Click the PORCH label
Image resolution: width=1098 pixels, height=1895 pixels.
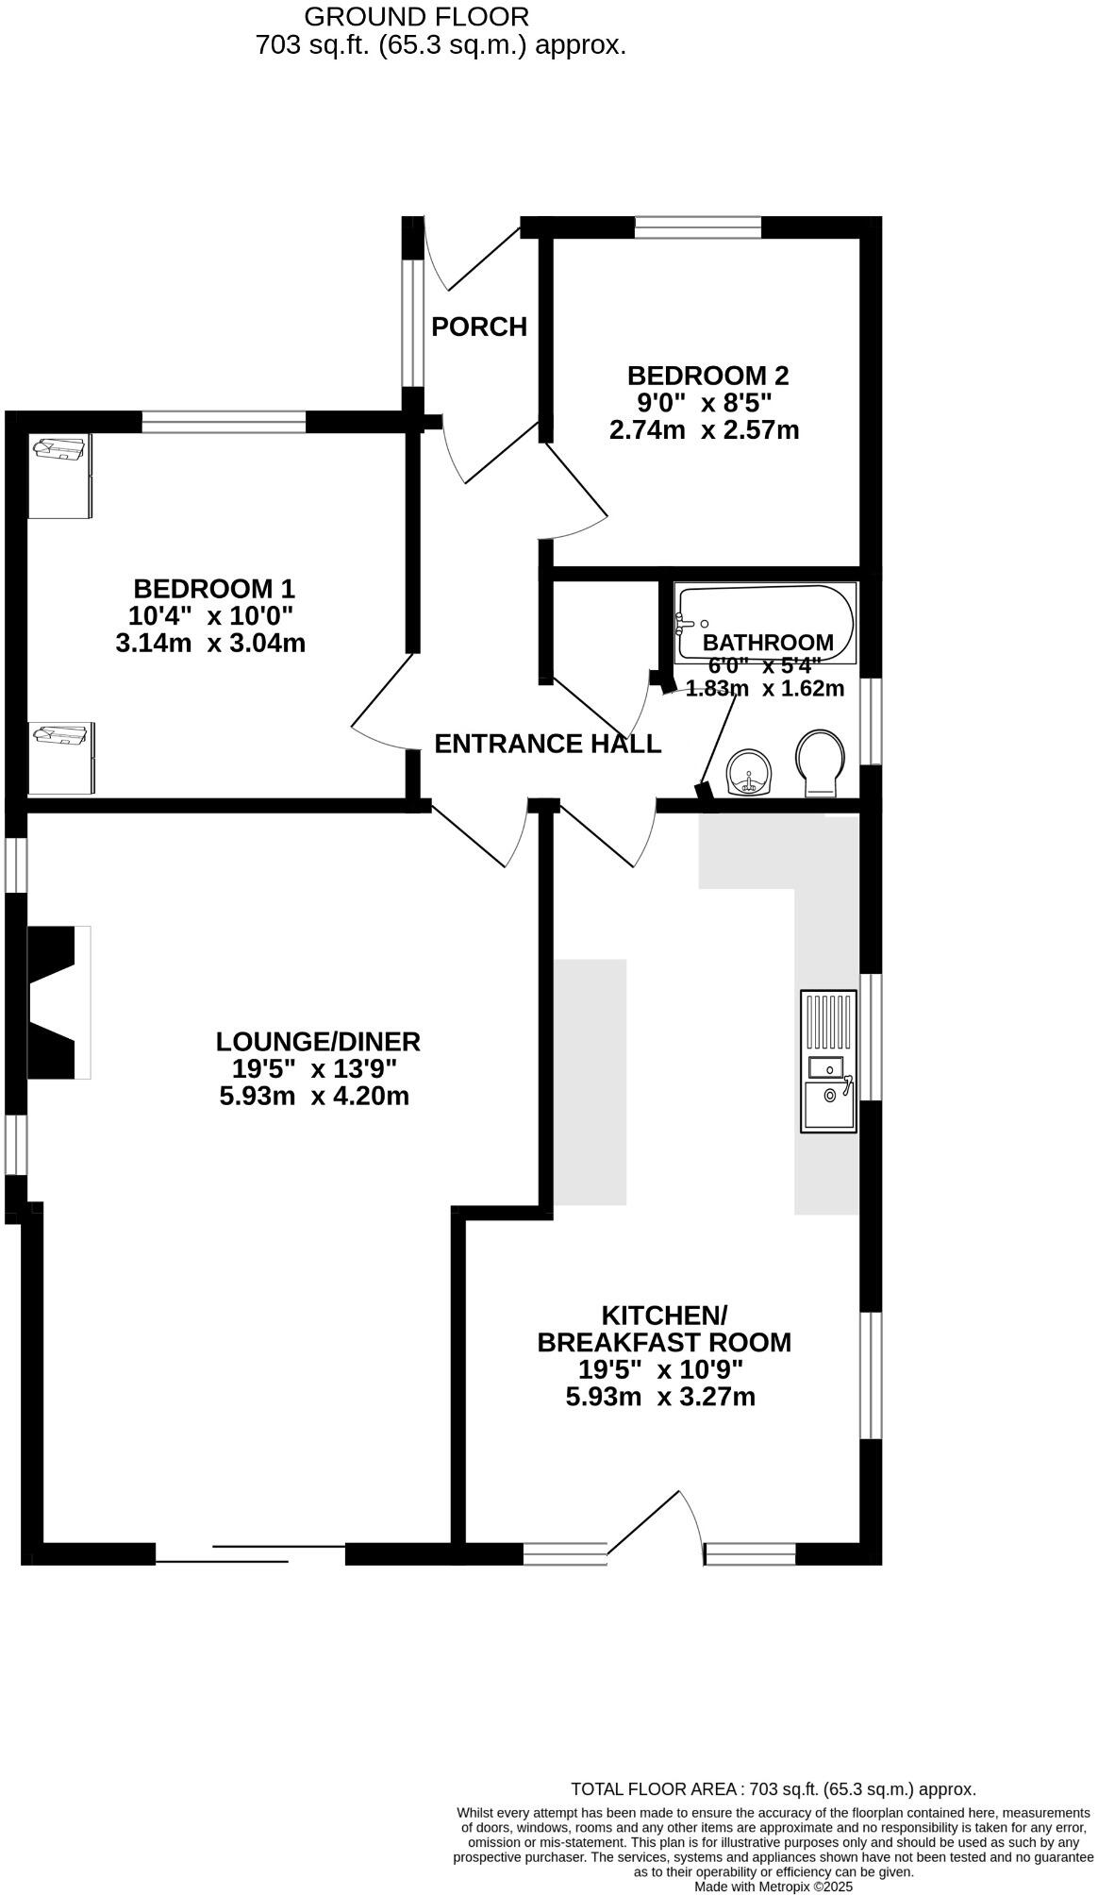[478, 327]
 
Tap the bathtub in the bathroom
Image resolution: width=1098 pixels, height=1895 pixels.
[765, 621]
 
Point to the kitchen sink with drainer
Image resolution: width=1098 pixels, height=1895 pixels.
[828, 1061]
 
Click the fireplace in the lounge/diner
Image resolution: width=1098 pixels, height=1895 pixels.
[57, 1002]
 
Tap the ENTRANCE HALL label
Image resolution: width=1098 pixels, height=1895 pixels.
[547, 744]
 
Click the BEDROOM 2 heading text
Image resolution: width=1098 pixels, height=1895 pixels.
[707, 376]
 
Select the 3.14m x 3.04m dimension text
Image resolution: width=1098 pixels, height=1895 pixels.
[210, 644]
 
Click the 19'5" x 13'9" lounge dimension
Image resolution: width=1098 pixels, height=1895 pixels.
[314, 1069]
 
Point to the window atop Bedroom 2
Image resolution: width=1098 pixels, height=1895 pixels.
[697, 226]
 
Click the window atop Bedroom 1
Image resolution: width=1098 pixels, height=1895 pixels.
[224, 422]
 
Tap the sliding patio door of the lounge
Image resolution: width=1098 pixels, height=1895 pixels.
[250, 1552]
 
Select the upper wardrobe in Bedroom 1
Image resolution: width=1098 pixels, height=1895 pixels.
[59, 476]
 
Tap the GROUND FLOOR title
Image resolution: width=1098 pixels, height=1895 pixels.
[416, 16]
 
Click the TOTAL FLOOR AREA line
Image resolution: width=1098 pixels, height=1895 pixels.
[773, 1788]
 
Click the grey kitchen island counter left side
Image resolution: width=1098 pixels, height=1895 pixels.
[590, 1082]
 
